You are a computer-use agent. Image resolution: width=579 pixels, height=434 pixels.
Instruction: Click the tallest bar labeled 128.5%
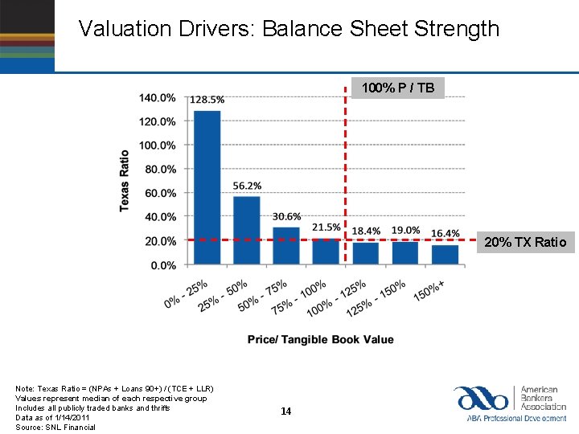pos(207,187)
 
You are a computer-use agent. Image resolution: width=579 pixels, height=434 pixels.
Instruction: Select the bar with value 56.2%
pos(246,230)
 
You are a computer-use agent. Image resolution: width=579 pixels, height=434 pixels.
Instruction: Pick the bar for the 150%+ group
pos(445,254)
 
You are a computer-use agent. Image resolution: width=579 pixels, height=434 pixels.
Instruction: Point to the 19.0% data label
pos(405,231)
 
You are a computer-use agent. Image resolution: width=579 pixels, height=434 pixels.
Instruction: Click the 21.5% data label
pos(326,227)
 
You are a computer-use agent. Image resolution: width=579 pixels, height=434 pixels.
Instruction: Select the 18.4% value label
pos(366,231)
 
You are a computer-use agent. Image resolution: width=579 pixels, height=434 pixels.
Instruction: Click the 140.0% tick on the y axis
pos(158,98)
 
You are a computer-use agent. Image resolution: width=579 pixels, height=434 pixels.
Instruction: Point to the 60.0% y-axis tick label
pos(159,193)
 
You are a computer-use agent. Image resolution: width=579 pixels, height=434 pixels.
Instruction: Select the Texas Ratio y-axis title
pos(125,181)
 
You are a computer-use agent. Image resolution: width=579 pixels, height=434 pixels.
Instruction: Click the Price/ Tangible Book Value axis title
pos(320,339)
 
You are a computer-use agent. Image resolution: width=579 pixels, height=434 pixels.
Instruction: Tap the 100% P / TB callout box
pos(397,87)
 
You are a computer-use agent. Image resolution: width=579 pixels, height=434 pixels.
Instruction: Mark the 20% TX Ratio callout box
pos(525,242)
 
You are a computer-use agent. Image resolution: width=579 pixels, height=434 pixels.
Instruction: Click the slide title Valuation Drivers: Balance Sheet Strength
pos(289,30)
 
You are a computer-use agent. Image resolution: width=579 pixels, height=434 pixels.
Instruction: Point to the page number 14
pos(285,411)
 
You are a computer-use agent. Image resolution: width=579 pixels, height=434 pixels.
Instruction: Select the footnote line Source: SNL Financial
pos(55,427)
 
